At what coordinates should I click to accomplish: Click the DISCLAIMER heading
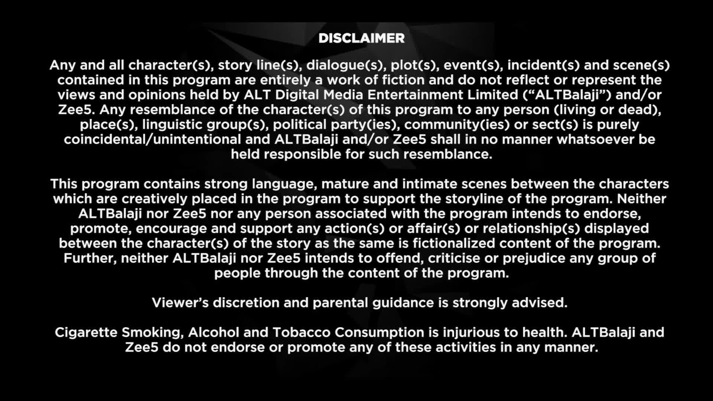point(361,38)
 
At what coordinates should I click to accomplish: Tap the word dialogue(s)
point(345,65)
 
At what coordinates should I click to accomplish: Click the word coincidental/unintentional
point(153,139)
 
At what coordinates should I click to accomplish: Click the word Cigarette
point(86,333)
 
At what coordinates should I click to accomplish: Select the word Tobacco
point(302,332)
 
